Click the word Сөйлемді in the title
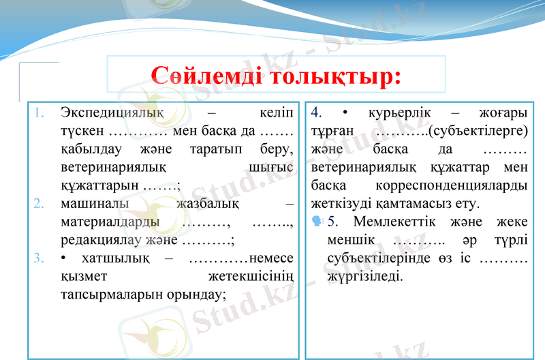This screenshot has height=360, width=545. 205,75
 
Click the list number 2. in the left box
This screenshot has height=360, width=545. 40,203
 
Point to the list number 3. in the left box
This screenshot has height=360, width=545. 40,258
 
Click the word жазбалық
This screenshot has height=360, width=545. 207,203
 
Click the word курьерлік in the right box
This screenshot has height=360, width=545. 403,111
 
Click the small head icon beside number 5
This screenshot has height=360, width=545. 317,221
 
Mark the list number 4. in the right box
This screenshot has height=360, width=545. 316,111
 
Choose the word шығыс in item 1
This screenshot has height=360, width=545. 267,166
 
